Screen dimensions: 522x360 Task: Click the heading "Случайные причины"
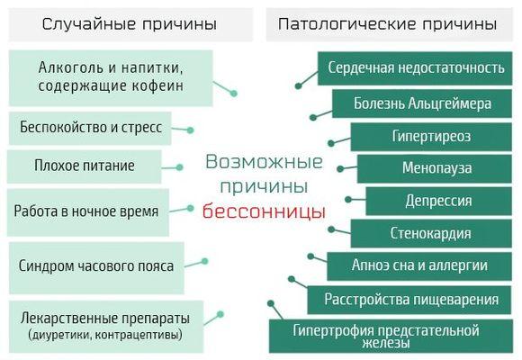point(130,24)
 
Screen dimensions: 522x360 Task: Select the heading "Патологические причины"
point(388,24)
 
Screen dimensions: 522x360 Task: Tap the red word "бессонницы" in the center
point(264,211)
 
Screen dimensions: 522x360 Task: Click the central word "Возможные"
point(264,162)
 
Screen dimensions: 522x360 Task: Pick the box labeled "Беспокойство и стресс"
point(90,128)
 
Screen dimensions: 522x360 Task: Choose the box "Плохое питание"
point(85,166)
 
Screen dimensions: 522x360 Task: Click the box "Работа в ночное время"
point(88,212)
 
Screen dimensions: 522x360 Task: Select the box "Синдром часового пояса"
point(96,268)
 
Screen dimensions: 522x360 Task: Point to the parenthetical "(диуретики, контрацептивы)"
point(105,335)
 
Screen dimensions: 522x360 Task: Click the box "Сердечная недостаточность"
point(415,68)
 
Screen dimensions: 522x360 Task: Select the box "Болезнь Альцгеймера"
point(422,103)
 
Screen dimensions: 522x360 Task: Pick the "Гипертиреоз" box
point(431,137)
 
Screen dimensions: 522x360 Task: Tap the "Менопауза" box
point(435,168)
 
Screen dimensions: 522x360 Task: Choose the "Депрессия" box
point(439,201)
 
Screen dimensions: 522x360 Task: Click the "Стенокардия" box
point(431,233)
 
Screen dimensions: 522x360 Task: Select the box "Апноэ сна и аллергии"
point(419,266)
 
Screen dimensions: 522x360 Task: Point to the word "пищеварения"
point(454,300)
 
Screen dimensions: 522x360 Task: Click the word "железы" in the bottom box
point(385,343)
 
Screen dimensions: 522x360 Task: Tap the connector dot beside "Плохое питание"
point(179,167)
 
